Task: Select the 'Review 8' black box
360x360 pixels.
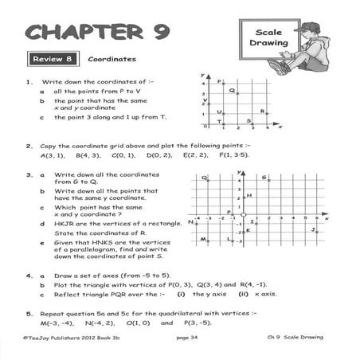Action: coord(52,59)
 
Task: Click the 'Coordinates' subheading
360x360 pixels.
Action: coord(112,59)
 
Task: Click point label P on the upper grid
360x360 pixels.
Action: coord(219,81)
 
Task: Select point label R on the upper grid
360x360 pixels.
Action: coord(263,112)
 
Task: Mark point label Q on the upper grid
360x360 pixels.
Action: coord(232,91)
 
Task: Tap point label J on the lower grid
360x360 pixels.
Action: coord(315,229)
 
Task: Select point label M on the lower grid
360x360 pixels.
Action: coord(202,239)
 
